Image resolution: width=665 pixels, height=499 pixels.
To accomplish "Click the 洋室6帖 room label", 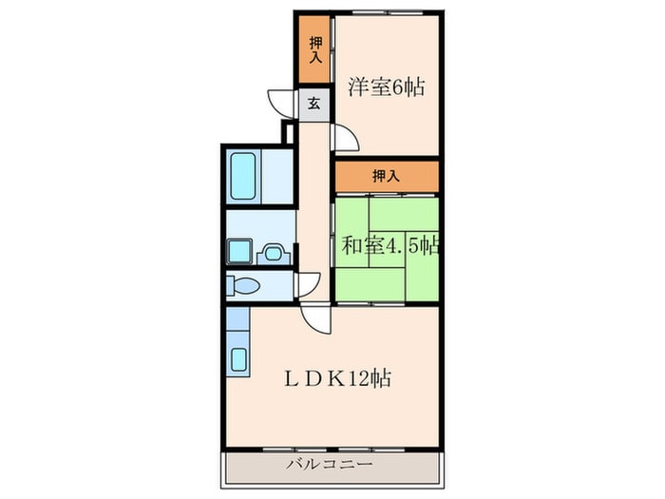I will [x=385, y=88].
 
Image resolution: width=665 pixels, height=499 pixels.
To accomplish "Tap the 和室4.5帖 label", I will [x=390, y=245].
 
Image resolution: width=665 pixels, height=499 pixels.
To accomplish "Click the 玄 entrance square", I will [x=313, y=104].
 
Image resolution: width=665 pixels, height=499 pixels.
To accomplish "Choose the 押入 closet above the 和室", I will [x=386, y=176].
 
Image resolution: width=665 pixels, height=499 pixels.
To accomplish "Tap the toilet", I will [x=246, y=285].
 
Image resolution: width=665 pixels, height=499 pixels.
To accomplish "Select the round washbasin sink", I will [x=274, y=253].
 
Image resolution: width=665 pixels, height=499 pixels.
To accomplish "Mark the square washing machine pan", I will [x=237, y=251].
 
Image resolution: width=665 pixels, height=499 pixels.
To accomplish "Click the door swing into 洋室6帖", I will [x=346, y=140].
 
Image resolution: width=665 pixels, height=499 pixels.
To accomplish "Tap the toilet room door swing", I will [x=308, y=284].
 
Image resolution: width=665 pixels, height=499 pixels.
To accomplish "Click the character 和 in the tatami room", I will [x=351, y=245].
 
